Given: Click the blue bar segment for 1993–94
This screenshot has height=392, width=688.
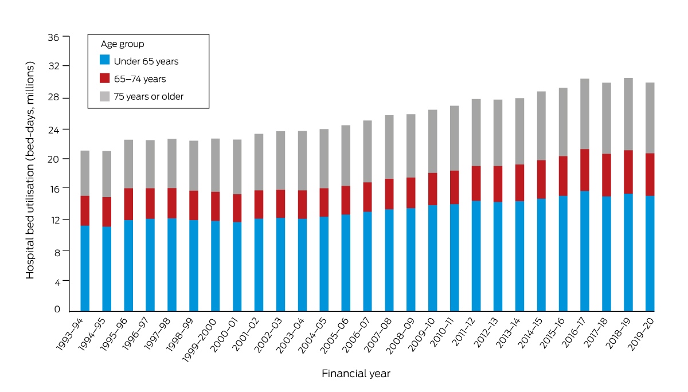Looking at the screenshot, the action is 85,269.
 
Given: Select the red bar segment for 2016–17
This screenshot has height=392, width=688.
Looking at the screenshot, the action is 584,170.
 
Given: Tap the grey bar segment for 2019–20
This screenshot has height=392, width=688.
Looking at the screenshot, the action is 650,118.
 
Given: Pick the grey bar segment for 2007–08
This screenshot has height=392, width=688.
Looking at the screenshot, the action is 389,147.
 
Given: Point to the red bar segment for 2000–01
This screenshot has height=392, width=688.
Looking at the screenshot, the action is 237,208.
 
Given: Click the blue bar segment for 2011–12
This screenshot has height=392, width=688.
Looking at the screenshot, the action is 476,256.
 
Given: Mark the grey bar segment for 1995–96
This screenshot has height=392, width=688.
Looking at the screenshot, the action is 128,164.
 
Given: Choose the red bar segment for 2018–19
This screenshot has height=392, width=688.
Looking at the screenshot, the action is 628,172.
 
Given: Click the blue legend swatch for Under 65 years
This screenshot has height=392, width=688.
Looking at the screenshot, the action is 105,60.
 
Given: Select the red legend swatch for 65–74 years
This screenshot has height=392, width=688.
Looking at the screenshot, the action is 105,78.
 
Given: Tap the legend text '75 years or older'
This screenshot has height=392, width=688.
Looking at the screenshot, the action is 148,97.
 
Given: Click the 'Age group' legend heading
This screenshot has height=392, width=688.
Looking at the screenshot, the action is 123,44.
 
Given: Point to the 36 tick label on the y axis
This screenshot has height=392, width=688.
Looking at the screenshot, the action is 53,37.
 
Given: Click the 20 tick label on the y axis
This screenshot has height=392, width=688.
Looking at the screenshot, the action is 53,159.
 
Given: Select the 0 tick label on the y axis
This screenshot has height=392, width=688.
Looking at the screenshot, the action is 57,309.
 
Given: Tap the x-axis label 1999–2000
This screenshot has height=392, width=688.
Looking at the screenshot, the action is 200,340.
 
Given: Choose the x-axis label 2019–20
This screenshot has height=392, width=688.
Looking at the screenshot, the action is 641,334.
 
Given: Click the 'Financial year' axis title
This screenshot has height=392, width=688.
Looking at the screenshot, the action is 356,374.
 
